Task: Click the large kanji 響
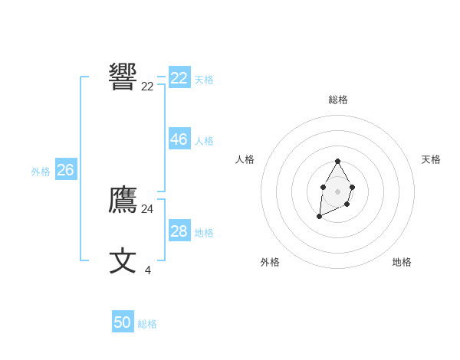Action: click(123, 77)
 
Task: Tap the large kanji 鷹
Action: click(123, 201)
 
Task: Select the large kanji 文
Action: click(123, 260)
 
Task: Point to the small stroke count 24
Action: click(147, 208)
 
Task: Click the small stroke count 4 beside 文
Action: click(148, 270)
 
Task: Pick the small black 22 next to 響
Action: click(147, 87)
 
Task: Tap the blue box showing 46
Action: click(179, 139)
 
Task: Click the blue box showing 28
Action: click(179, 231)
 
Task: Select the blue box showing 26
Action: click(65, 170)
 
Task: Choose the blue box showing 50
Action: click(123, 322)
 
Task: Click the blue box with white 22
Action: click(179, 78)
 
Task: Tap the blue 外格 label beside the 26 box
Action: click(41, 172)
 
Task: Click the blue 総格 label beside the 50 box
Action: click(147, 324)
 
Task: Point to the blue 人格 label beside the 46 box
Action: click(204, 141)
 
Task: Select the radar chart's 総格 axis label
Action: click(338, 100)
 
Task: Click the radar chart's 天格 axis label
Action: click(431, 159)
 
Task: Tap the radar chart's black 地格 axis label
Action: click(402, 262)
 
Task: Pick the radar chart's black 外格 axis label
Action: click(270, 262)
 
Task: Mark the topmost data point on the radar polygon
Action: click(337, 162)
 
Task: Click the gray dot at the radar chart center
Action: click(337, 190)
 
